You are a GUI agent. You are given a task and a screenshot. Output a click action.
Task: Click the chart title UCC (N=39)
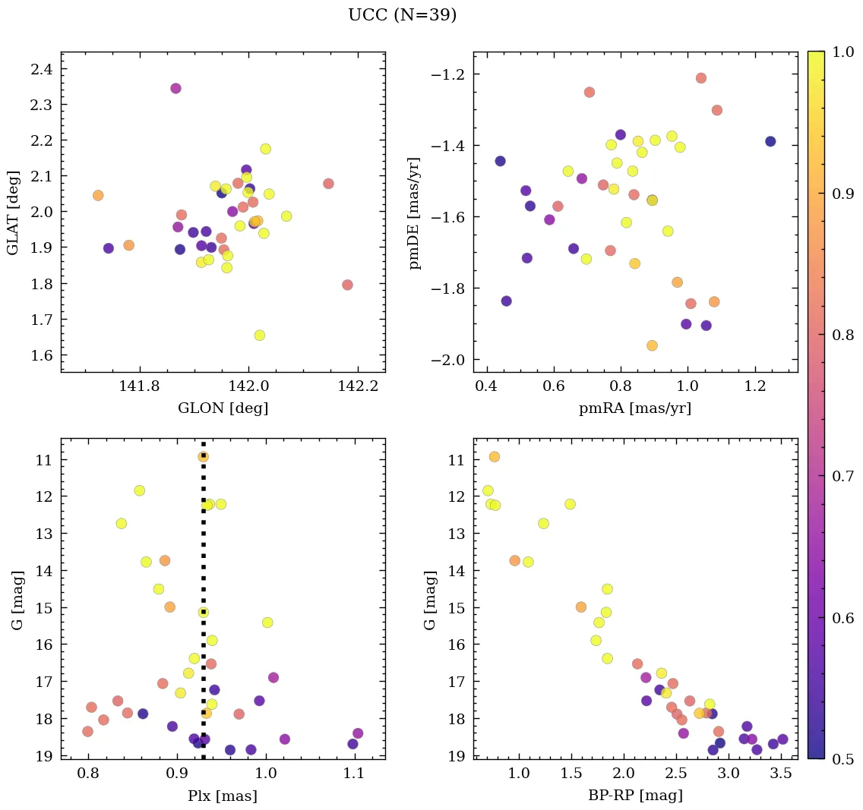coord(403,15)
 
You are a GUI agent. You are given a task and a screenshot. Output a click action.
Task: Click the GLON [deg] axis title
coord(223,408)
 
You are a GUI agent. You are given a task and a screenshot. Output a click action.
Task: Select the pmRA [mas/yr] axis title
coord(635,408)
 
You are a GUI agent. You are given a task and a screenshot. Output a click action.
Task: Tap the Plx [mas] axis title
coord(223,796)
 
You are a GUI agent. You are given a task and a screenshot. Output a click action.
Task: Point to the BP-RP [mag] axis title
coord(635,796)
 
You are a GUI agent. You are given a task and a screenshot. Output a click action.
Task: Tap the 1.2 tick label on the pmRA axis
coord(755,386)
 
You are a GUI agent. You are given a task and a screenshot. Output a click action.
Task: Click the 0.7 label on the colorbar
coord(843,475)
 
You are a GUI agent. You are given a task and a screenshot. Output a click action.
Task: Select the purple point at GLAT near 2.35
coord(175,88)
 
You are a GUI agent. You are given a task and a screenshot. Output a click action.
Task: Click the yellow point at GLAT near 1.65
coord(260,335)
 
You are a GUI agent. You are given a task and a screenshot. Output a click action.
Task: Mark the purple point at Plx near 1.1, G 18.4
coord(358,733)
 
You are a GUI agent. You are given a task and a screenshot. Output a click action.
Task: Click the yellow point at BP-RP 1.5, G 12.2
coord(570,504)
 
